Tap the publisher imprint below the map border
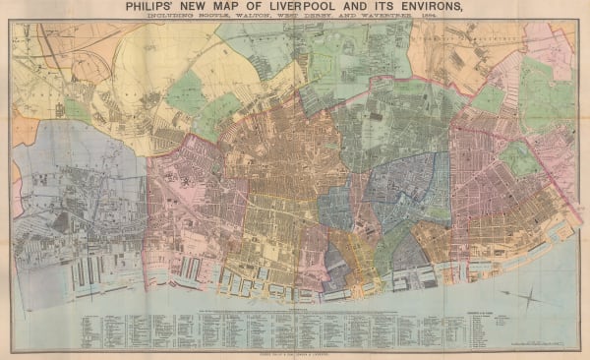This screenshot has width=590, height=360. pyautogui.click(x=294, y=351)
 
